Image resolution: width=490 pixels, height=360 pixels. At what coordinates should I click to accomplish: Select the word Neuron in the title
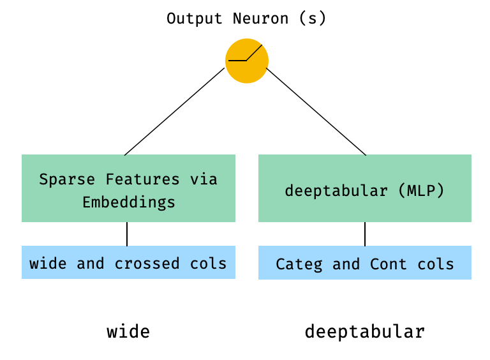point(260,19)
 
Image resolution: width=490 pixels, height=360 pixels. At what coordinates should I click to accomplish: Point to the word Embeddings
point(128,203)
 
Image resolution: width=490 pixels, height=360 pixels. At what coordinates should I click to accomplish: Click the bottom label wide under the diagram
point(128,332)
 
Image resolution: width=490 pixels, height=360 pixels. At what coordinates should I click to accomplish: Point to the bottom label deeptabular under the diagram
point(364,332)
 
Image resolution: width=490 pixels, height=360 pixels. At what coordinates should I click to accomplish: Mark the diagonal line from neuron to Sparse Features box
point(174,112)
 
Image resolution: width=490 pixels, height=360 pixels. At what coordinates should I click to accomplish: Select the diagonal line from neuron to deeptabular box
point(316,112)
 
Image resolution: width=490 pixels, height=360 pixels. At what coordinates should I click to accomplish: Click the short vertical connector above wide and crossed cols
point(127,234)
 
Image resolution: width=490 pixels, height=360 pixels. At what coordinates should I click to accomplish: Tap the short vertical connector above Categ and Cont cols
point(365,234)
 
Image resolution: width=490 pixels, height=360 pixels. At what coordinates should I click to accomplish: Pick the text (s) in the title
point(313,19)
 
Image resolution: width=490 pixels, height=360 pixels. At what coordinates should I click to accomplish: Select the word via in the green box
point(204,179)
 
